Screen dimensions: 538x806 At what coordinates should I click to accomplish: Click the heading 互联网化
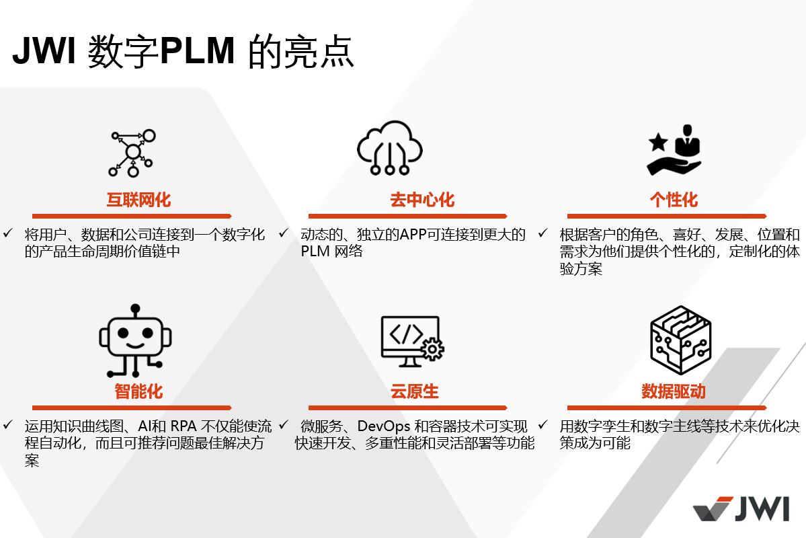[138, 200]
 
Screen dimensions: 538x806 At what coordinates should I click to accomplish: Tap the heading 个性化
[674, 200]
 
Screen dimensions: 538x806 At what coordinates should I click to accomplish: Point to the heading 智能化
[138, 391]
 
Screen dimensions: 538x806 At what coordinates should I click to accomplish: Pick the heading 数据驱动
[674, 391]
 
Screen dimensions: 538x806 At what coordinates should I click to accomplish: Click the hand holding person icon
[674, 149]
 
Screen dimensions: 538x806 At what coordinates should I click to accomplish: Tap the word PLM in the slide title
[197, 52]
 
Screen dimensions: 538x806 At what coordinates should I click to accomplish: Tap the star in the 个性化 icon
[657, 142]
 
